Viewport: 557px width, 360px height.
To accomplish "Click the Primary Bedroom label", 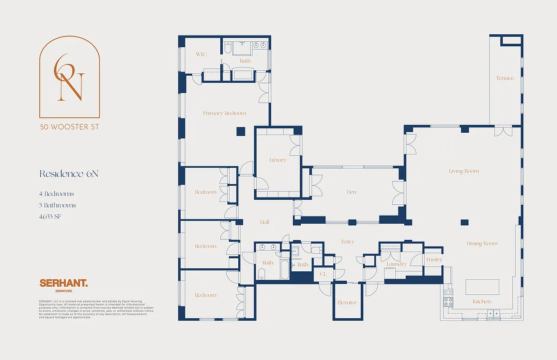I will [x=225, y=113].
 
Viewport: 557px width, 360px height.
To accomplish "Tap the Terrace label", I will [x=505, y=78].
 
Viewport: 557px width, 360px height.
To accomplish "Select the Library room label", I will [x=278, y=160].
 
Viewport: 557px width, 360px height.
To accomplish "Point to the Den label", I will [x=352, y=192].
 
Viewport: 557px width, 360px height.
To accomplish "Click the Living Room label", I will [x=464, y=171].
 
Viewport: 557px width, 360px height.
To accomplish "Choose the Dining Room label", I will [x=482, y=243].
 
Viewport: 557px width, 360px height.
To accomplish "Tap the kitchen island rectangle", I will [x=482, y=287].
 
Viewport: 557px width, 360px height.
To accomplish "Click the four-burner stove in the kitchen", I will [x=448, y=298].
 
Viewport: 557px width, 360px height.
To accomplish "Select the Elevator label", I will [x=347, y=303].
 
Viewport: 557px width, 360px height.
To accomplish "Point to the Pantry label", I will [x=434, y=260].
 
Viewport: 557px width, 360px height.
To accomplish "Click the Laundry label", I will [x=396, y=264].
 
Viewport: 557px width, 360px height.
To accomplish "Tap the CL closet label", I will [x=323, y=274].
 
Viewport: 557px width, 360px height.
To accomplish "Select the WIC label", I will [x=201, y=54].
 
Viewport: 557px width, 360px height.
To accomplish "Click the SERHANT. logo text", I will [x=63, y=283].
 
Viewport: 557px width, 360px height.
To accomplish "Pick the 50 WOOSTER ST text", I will [x=69, y=127].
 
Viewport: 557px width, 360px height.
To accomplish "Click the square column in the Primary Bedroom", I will [x=241, y=131].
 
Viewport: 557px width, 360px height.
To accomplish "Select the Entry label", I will [x=348, y=242].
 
